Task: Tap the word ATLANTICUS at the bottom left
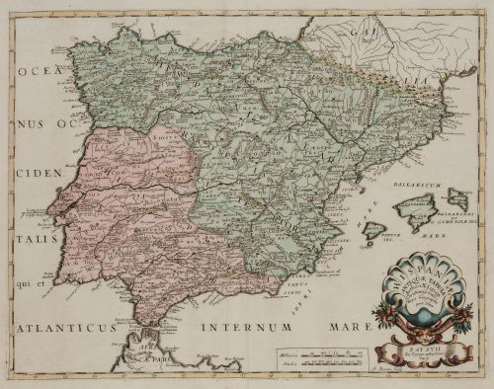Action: click(x=78, y=322)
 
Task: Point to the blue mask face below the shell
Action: click(x=414, y=318)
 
